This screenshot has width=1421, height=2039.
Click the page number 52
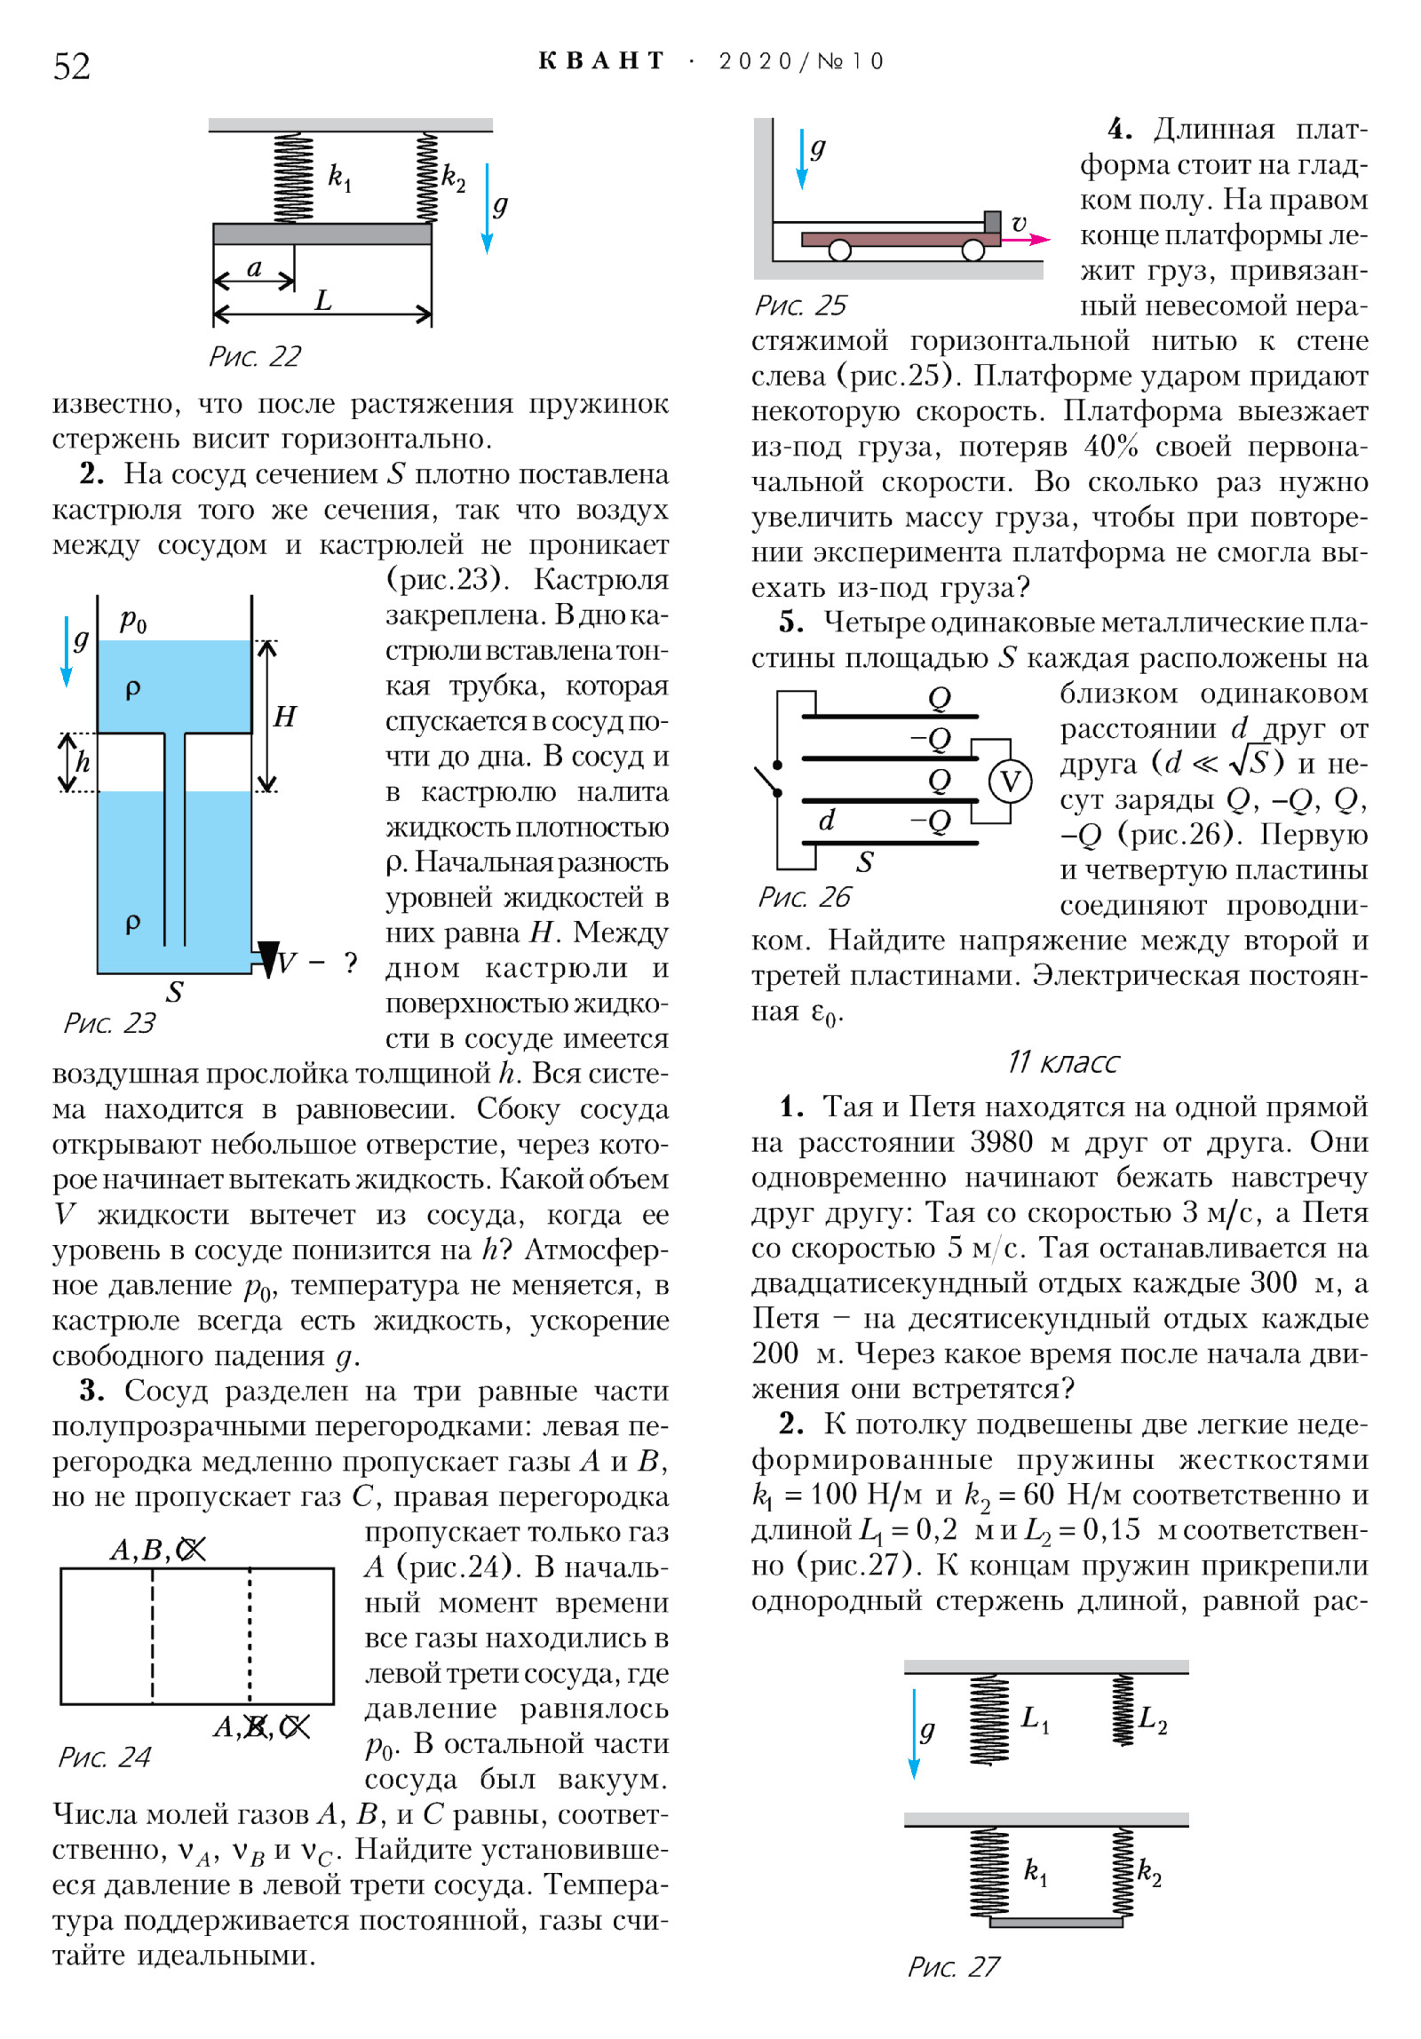click(x=72, y=67)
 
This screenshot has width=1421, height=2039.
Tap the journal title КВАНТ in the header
click(x=601, y=61)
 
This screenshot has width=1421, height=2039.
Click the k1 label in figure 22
click(x=339, y=177)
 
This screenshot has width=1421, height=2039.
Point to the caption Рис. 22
click(x=255, y=356)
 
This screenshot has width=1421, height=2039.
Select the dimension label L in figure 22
click(x=323, y=300)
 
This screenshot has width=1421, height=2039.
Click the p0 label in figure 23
click(x=133, y=619)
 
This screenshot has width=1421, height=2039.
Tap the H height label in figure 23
click(x=284, y=716)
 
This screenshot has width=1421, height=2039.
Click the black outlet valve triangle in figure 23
click(x=268, y=958)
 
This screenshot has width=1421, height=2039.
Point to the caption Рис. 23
click(x=109, y=1023)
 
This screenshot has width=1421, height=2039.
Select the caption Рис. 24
click(x=105, y=1757)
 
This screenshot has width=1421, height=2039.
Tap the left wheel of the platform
click(x=839, y=250)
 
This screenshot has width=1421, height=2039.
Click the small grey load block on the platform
click(x=992, y=222)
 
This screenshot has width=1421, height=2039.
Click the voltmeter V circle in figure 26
click(x=1010, y=781)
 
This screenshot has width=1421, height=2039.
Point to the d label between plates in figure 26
click(x=827, y=820)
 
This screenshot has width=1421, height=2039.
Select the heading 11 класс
click(x=1063, y=1062)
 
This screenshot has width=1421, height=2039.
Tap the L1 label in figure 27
click(x=1035, y=1718)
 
